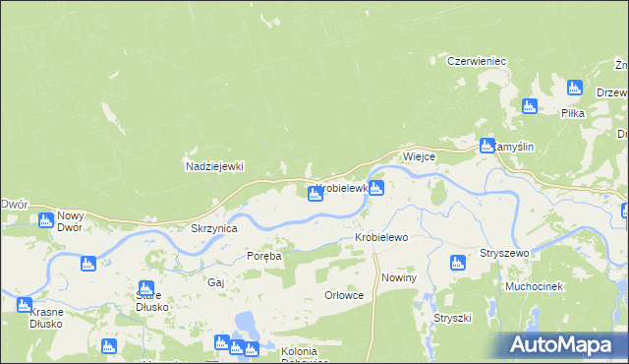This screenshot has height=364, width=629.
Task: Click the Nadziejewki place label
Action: point(214,166)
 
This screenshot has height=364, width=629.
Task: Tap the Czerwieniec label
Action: point(477,61)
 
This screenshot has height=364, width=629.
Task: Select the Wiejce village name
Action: point(419,156)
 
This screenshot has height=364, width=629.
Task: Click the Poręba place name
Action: point(263,256)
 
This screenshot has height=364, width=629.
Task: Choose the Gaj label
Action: point(216,281)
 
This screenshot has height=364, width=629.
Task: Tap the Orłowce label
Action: point(344,294)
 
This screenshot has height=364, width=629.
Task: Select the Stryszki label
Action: point(453,318)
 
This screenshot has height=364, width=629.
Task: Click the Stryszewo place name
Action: point(504,253)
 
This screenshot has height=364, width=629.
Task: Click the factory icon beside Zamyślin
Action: point(486,146)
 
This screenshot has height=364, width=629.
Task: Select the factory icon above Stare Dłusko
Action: point(146,288)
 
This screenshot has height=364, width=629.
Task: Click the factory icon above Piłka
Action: point(575,88)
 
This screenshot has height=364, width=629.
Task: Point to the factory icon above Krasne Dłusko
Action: point(25,305)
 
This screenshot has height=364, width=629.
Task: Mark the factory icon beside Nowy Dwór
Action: point(45,220)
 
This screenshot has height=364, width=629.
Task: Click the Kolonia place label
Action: point(298,351)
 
